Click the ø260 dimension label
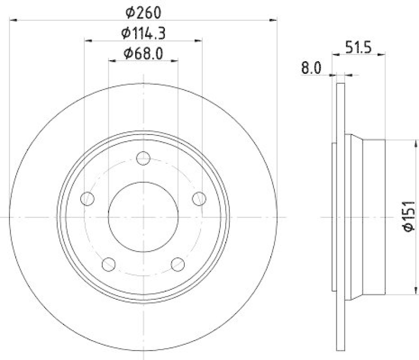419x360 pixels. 143,11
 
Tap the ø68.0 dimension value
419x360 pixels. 143,53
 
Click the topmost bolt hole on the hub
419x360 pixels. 143,158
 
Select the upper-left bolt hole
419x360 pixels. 87,199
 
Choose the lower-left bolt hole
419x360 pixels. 108,264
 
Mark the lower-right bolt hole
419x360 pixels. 178,264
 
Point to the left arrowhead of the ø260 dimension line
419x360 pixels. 13,20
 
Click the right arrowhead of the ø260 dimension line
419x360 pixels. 273,20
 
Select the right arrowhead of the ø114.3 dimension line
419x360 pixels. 199,40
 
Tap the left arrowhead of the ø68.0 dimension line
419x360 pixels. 112,61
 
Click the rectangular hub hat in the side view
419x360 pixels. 373,216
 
